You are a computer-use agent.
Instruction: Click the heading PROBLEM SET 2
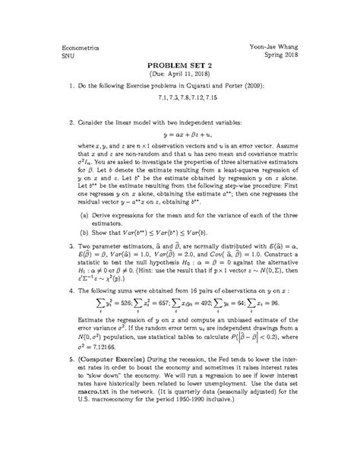(x=179, y=66)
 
